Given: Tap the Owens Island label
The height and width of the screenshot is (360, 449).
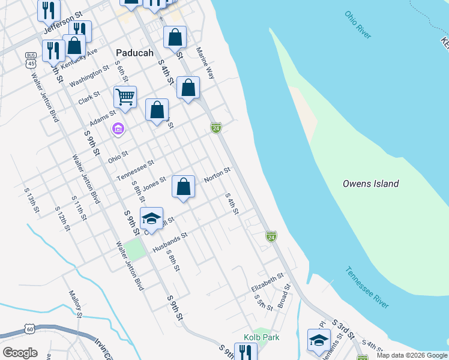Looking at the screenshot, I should click(370, 184).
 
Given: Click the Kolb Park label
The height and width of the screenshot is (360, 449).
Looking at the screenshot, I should click(261, 337).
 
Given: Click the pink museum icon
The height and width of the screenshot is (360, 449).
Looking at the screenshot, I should click(118, 129).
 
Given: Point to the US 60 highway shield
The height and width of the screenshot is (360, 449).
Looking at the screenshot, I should click(29, 328).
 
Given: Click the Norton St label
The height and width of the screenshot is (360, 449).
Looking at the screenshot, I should click(217, 175).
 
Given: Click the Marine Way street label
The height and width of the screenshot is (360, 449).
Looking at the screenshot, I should click(205, 64).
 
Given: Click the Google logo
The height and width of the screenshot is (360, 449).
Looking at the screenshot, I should click(20, 353).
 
